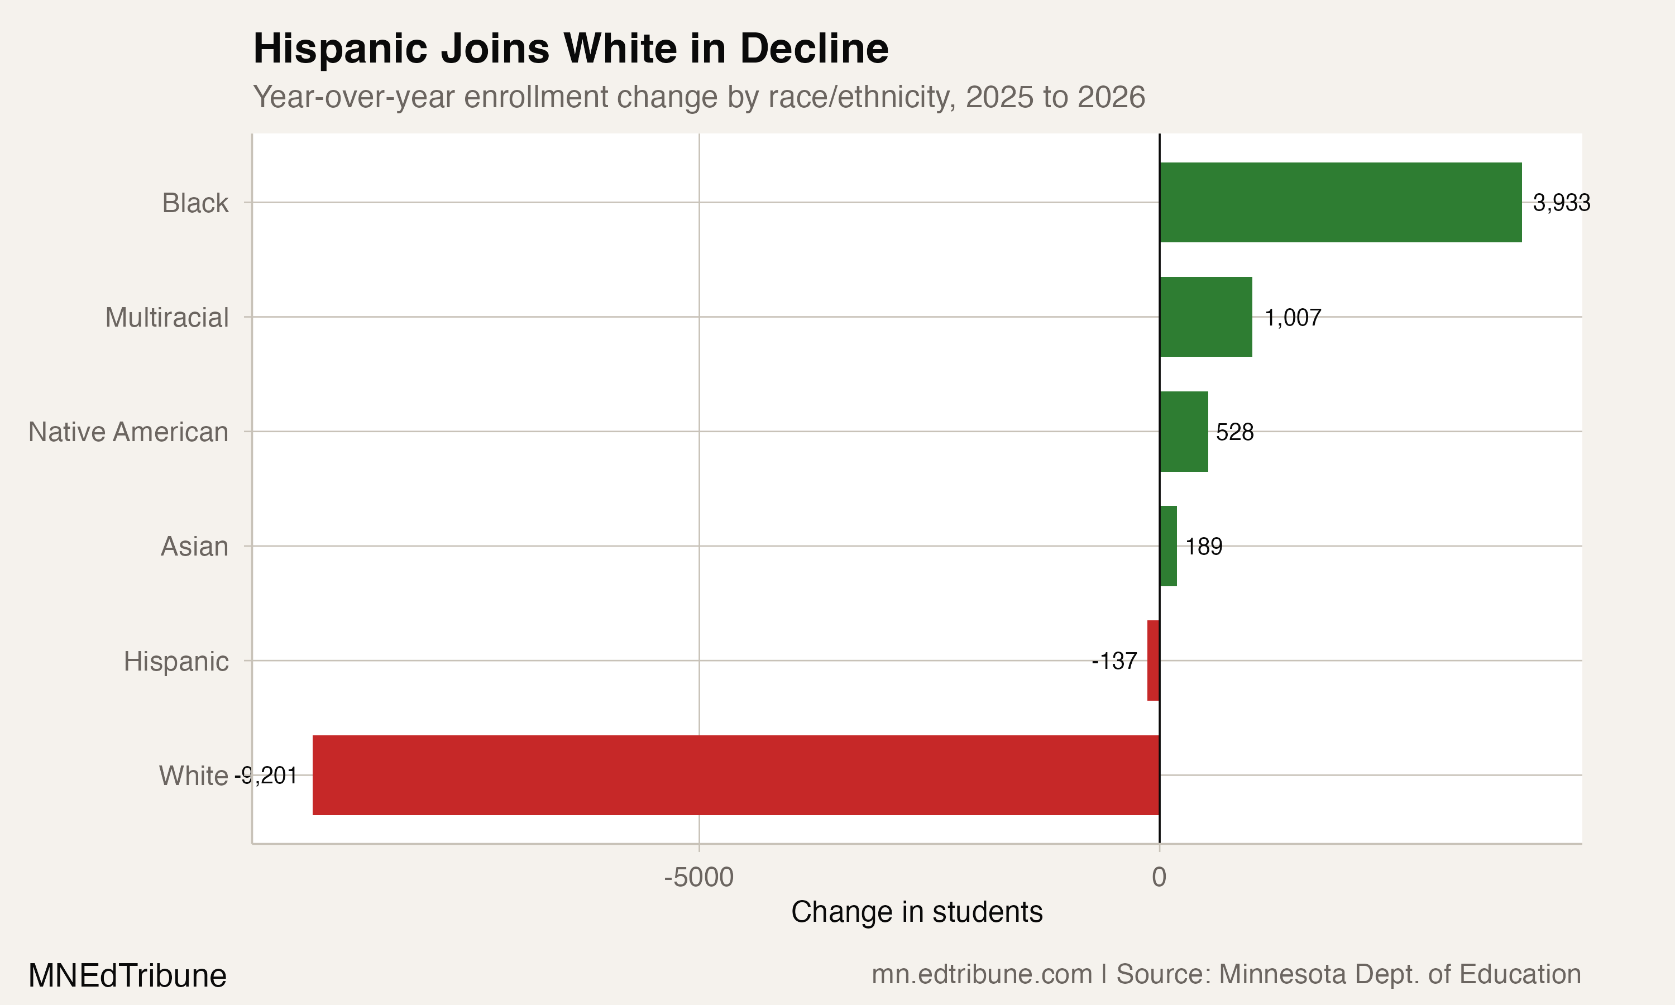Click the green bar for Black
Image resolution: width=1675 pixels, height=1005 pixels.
pyautogui.click(x=1340, y=203)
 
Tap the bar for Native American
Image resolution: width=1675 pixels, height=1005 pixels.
pyautogui.click(x=1184, y=432)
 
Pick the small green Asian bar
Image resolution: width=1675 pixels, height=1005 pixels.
pyautogui.click(x=1168, y=546)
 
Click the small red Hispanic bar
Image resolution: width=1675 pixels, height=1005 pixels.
pyautogui.click(x=1153, y=661)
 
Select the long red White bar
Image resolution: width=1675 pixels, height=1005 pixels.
pyautogui.click(x=736, y=775)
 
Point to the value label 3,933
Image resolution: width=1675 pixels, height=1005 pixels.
pyautogui.click(x=1561, y=203)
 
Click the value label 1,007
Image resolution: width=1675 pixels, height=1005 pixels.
pyautogui.click(x=1293, y=318)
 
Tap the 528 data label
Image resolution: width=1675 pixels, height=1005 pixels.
pyautogui.click(x=1234, y=432)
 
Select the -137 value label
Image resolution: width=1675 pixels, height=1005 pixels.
pyautogui.click(x=1114, y=661)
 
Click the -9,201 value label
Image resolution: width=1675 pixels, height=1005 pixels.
pyautogui.click(x=266, y=776)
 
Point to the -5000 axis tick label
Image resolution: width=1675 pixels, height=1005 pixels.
pyautogui.click(x=698, y=878)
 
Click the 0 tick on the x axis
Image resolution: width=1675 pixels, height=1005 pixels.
pyautogui.click(x=1159, y=878)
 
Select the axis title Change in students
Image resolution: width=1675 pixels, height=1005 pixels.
pyautogui.click(x=916, y=912)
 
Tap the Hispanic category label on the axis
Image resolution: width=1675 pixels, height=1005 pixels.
pyautogui.click(x=176, y=662)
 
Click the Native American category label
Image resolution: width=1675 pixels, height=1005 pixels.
pyautogui.click(x=128, y=432)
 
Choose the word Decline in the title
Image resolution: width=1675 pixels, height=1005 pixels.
pyautogui.click(x=814, y=49)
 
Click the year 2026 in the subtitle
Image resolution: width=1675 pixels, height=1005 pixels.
pyautogui.click(x=1111, y=97)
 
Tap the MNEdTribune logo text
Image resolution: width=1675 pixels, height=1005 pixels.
pyautogui.click(x=127, y=976)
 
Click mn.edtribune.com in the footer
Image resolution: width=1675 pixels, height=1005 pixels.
pyautogui.click(x=981, y=974)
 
